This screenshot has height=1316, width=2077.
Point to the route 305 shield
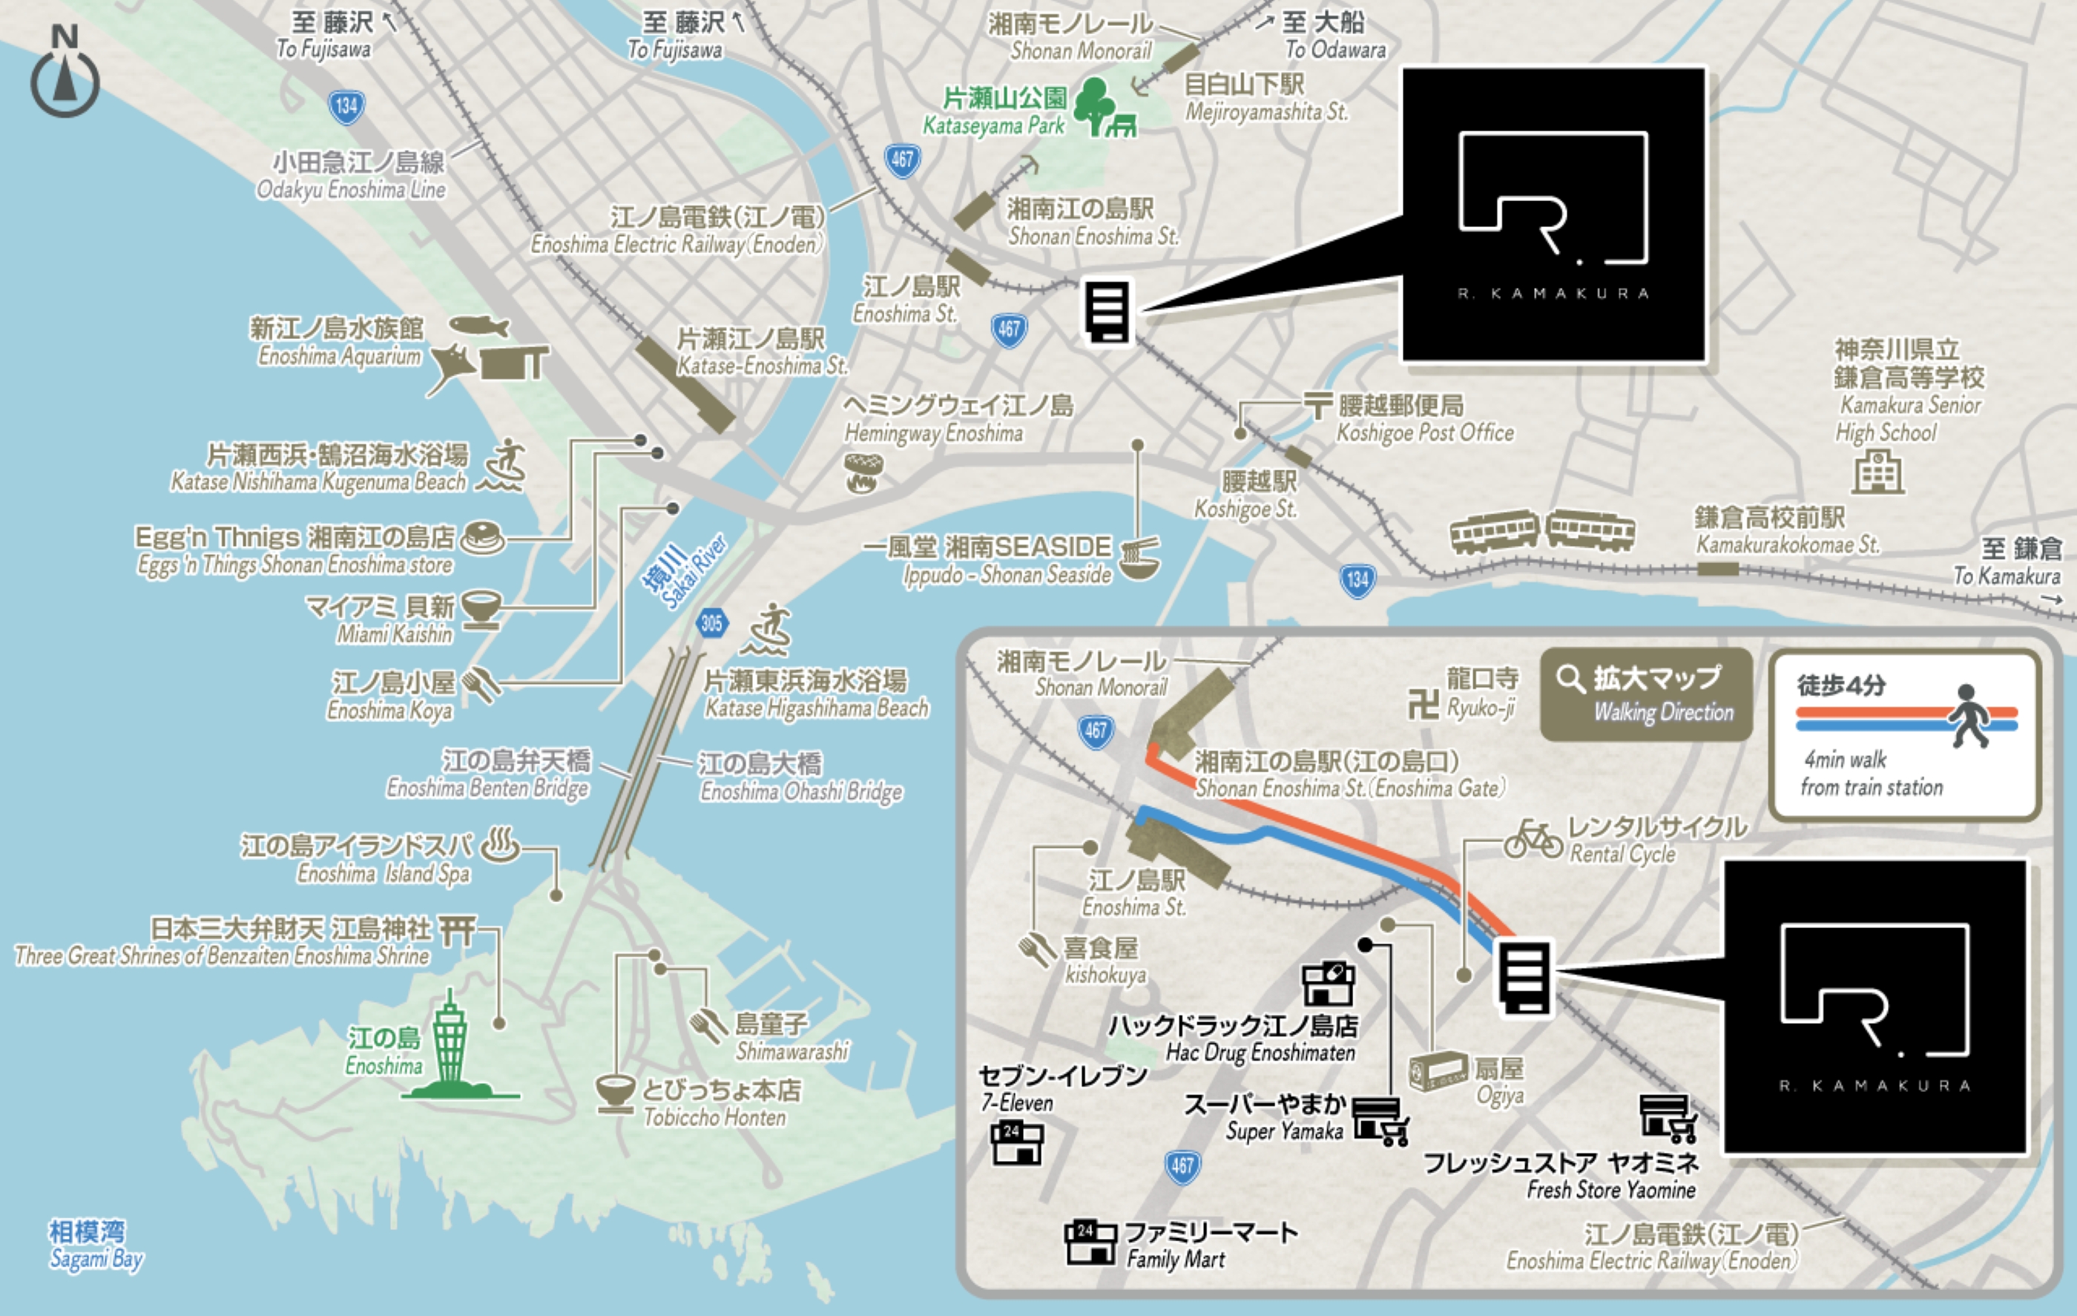coord(711,622)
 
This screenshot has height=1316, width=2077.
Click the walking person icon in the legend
coord(1969,717)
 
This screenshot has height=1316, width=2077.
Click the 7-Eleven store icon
coord(1017,1143)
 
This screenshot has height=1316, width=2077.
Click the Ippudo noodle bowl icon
coord(1139,558)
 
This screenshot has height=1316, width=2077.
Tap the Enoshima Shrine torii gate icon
coord(457,930)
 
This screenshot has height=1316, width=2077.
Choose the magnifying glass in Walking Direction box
coord(1570,679)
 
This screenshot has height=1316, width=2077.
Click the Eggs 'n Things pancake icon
coord(482,538)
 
